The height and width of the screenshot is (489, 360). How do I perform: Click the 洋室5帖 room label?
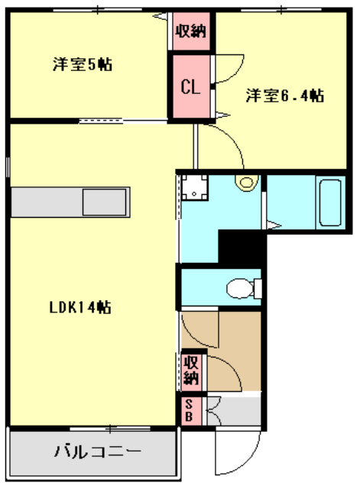(82, 65)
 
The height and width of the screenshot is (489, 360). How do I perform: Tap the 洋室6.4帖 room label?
(284, 96)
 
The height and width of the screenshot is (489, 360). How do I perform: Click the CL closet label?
(190, 86)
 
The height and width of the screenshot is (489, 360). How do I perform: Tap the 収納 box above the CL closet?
(190, 31)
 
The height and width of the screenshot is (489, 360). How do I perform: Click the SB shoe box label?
(189, 411)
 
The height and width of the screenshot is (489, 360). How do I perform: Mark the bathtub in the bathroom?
(331, 204)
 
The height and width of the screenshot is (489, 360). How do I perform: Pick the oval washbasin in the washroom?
(246, 182)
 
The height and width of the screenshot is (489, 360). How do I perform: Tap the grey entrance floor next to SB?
(237, 410)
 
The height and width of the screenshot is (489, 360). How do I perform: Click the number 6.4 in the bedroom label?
(300, 96)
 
